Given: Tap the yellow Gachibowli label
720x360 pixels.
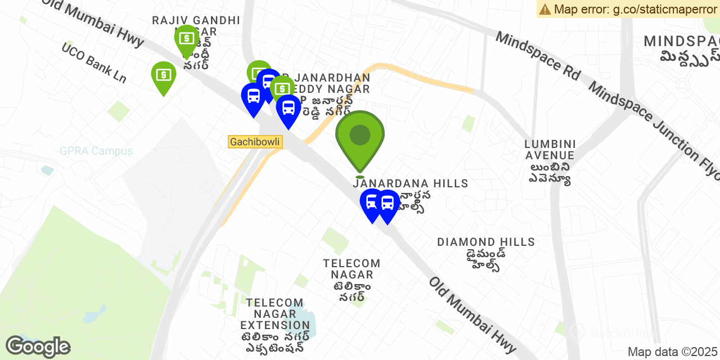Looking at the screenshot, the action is (x=255, y=142).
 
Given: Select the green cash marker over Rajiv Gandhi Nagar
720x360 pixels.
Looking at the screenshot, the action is (x=186, y=39).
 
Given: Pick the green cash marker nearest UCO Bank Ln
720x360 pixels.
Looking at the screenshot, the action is (x=163, y=75).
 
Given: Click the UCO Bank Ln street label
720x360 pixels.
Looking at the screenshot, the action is (x=94, y=62).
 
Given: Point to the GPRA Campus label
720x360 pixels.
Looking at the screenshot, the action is (x=96, y=151).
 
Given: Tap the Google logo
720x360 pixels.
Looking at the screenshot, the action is (x=38, y=346).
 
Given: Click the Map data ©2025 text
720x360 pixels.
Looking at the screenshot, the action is (x=673, y=352).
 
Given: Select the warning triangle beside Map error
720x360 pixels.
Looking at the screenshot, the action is (x=544, y=9).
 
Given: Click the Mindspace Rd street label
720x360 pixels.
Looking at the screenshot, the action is (x=537, y=55).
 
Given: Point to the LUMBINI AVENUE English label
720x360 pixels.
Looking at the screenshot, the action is (x=550, y=149).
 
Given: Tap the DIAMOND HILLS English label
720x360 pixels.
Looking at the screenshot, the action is (x=486, y=242).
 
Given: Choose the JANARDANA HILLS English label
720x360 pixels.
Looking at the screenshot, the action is (x=411, y=183).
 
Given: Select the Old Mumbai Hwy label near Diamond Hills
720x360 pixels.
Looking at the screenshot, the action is (x=472, y=314).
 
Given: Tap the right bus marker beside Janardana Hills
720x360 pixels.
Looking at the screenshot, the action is (x=388, y=203).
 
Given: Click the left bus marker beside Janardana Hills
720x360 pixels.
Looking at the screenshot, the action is (x=372, y=202).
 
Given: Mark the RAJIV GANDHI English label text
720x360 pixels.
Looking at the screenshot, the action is (x=196, y=21).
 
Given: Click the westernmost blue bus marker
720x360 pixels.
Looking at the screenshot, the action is (x=253, y=97).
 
